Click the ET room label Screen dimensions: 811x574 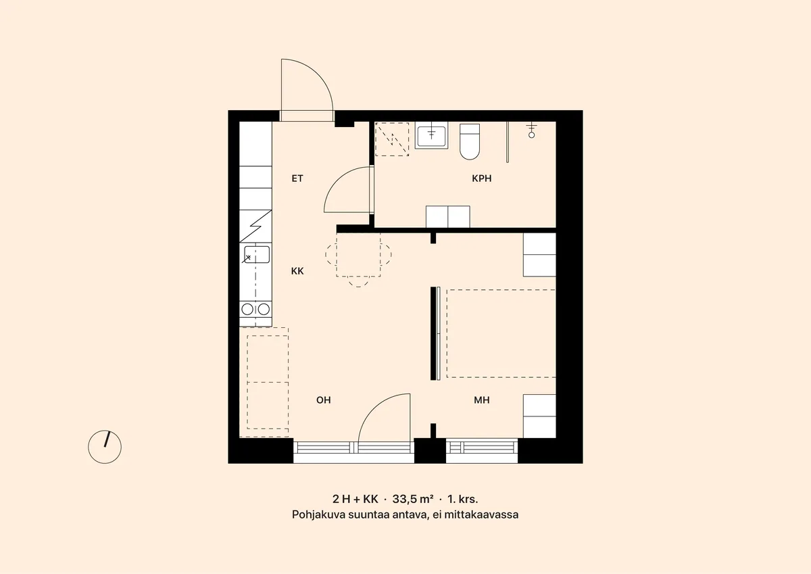coord(297,178)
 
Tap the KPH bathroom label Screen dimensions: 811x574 coord(481,178)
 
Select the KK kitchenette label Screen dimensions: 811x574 coord(297,271)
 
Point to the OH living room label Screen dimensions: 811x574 coord(323,400)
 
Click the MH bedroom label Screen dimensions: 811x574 coord(481,400)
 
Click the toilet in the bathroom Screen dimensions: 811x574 coord(470,141)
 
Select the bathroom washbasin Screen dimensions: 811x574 coord(431,135)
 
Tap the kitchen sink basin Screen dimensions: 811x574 coord(257,254)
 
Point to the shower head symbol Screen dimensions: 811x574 coord(531,130)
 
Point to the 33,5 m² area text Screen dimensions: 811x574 coord(413,499)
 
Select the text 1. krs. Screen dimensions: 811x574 coord(463,499)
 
